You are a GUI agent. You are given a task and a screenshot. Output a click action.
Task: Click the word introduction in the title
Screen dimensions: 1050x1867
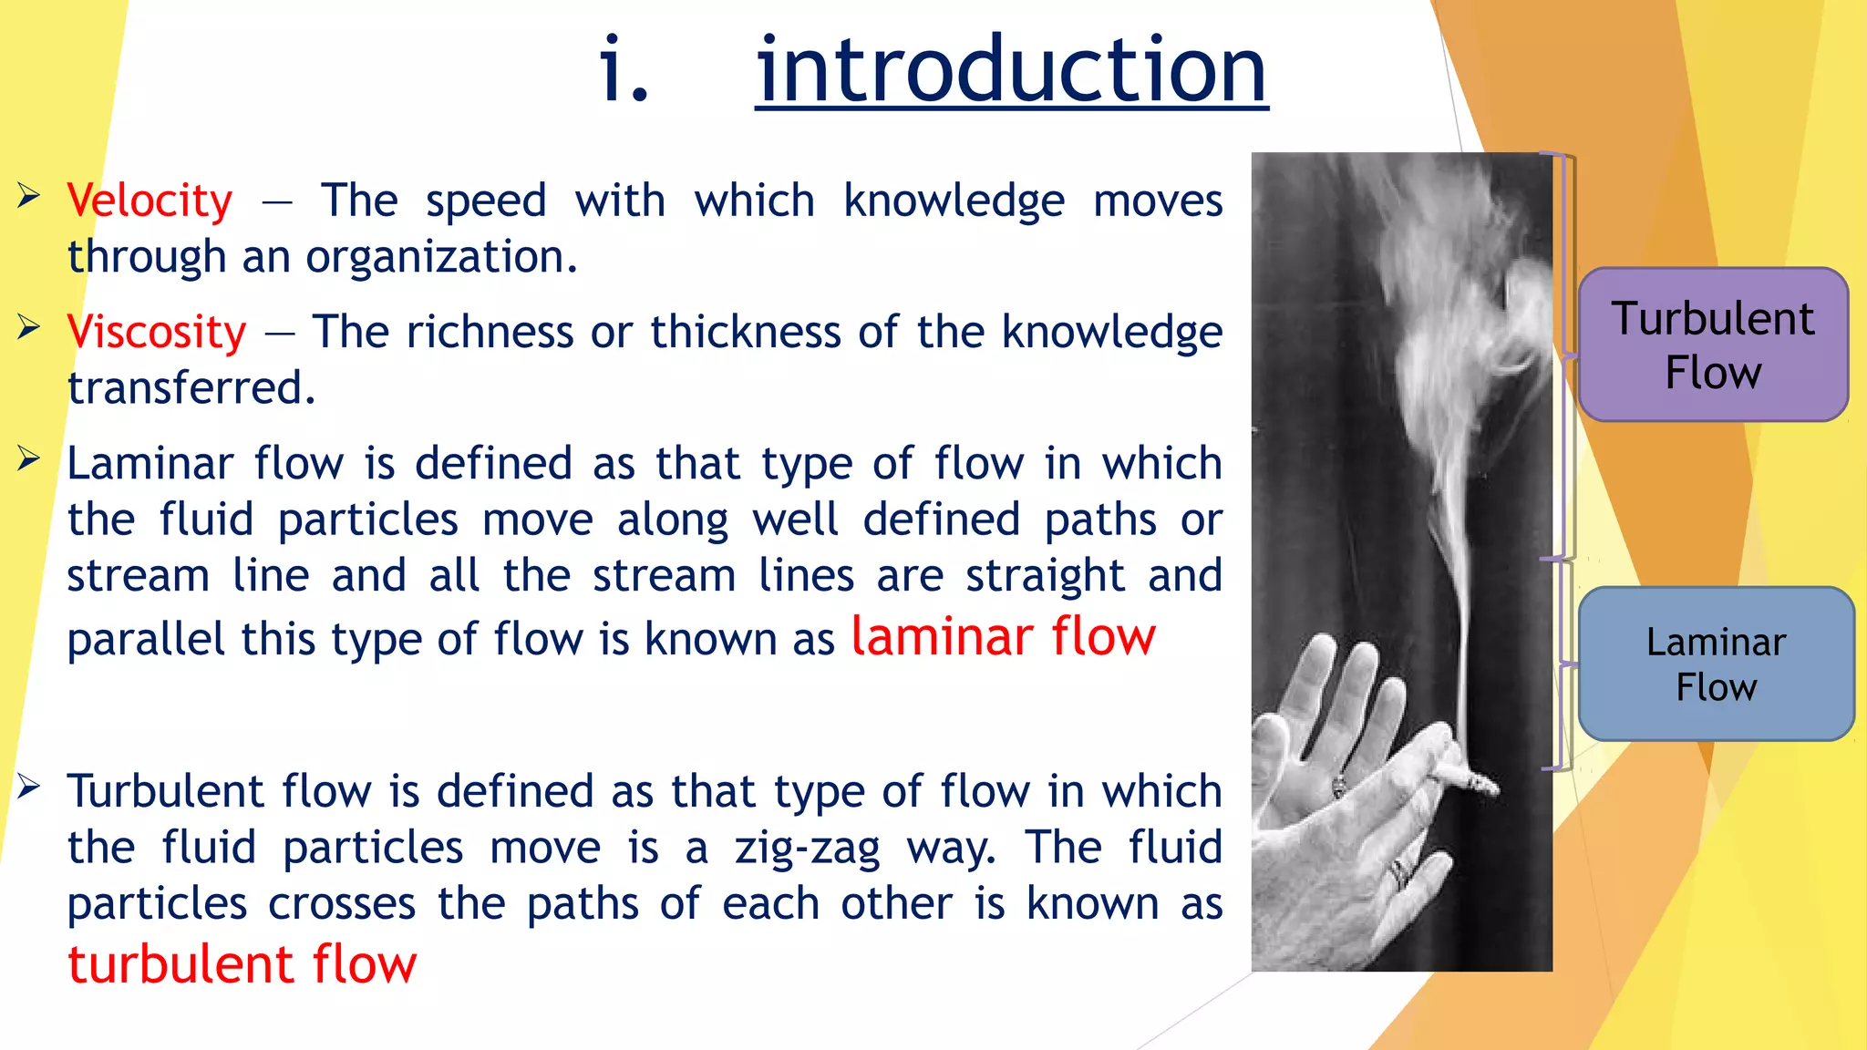[1011, 71]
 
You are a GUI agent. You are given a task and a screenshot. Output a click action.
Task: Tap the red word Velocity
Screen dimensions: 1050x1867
[150, 201]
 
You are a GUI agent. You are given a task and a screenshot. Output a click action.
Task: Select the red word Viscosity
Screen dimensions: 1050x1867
[157, 332]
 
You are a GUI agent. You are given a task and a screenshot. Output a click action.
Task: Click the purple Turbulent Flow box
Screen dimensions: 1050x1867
[1713, 345]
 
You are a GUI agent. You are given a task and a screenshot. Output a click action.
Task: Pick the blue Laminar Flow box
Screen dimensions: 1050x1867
[1716, 664]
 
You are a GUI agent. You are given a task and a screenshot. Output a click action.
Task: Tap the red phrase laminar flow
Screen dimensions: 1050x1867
[1003, 636]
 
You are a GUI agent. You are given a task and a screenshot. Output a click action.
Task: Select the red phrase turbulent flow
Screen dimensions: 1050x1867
[242, 964]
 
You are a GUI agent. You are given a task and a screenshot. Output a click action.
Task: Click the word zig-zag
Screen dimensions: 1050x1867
[807, 848]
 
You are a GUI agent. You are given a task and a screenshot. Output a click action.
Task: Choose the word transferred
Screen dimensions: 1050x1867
[191, 388]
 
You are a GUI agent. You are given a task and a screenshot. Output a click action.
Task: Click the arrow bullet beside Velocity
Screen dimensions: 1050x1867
[28, 195]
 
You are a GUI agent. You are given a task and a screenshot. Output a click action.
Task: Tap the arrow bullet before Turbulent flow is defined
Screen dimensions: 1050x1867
[28, 786]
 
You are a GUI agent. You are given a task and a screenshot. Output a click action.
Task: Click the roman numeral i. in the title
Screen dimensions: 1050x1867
[624, 71]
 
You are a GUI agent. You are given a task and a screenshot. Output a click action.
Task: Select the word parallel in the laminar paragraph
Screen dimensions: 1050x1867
[146, 639]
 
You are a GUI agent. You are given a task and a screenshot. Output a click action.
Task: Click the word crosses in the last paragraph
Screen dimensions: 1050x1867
[342, 904]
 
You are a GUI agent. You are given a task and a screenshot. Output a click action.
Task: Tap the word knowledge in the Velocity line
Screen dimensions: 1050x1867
[954, 201]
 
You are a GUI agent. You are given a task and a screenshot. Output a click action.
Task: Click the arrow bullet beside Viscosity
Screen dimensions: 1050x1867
[28, 326]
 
